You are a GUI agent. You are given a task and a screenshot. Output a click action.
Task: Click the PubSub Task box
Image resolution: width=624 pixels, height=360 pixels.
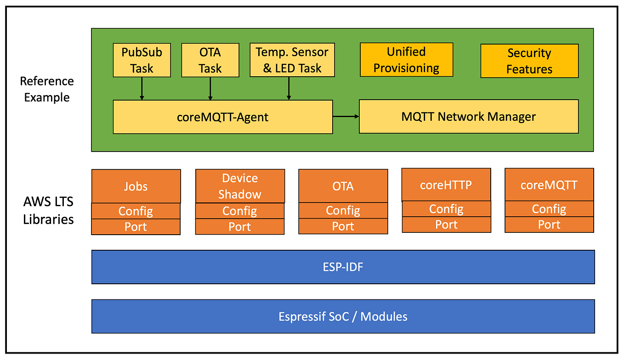click(x=142, y=60)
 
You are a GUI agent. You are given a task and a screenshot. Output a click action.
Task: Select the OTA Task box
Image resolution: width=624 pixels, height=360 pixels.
click(x=210, y=60)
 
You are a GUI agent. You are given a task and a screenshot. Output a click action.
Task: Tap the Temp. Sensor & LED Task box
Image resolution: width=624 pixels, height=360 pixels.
click(x=292, y=60)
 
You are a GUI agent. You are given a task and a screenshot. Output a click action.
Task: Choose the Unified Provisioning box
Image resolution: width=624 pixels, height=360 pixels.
click(x=406, y=60)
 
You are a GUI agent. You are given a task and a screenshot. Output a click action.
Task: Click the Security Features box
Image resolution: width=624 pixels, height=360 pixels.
click(x=529, y=61)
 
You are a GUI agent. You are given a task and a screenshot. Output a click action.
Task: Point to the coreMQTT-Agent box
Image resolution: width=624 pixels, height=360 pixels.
click(x=222, y=117)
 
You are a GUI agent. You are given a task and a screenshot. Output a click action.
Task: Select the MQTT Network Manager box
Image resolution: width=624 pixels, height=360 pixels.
click(x=468, y=117)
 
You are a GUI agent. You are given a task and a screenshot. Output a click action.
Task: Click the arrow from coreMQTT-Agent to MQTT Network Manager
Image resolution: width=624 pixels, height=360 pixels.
click(x=346, y=117)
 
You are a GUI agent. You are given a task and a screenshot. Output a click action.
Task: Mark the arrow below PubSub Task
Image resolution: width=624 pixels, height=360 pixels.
click(x=142, y=88)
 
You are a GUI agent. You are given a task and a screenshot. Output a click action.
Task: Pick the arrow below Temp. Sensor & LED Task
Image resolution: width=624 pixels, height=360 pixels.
click(x=289, y=88)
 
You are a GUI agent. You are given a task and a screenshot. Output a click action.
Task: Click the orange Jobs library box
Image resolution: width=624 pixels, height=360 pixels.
click(x=136, y=186)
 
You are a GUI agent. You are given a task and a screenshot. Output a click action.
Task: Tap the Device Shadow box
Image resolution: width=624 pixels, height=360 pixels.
click(x=240, y=186)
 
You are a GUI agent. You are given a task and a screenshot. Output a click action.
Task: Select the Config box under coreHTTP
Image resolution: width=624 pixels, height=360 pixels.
click(x=446, y=209)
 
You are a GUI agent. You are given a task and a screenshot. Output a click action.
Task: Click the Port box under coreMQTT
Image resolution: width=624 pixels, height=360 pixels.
click(x=549, y=225)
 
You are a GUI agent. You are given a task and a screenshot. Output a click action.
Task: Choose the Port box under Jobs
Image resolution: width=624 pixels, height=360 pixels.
click(x=136, y=227)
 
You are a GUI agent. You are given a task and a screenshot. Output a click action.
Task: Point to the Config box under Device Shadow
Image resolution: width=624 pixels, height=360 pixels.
click(x=239, y=211)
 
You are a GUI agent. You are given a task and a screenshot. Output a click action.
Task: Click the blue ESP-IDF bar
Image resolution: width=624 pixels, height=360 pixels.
click(x=343, y=267)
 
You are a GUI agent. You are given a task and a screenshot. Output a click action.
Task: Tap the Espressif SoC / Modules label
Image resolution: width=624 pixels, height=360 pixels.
click(x=343, y=316)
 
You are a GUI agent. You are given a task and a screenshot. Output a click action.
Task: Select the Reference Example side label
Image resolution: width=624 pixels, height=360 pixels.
click(x=47, y=89)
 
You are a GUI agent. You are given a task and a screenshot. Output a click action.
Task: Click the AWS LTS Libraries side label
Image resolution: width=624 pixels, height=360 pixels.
click(x=48, y=210)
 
